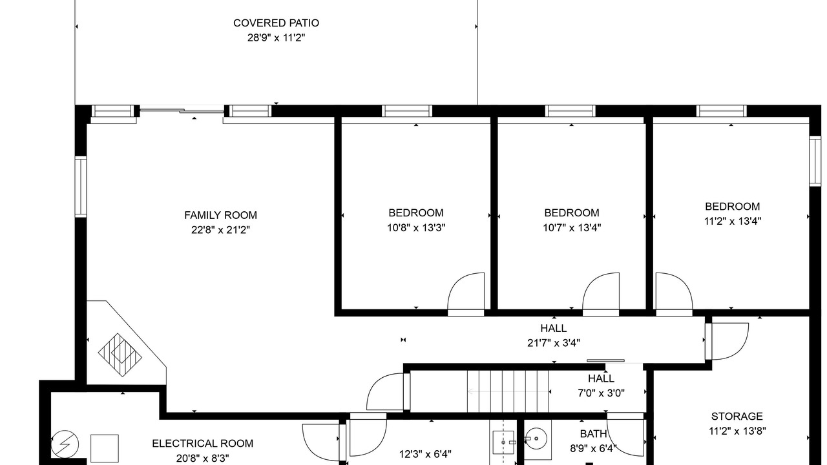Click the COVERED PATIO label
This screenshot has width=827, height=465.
click(276, 23)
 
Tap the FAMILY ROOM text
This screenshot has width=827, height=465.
click(220, 215)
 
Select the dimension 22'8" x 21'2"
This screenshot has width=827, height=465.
click(220, 230)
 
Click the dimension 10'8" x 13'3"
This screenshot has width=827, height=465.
click(416, 228)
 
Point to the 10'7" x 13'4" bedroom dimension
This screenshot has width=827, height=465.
click(572, 228)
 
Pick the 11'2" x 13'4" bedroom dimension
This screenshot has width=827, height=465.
click(733, 221)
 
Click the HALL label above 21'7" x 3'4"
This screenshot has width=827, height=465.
click(554, 328)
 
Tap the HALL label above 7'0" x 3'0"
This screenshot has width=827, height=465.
click(601, 378)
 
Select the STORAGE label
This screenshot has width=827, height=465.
click(737, 417)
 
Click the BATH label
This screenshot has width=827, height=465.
click(593, 433)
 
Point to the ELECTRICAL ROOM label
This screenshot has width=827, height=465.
click(203, 443)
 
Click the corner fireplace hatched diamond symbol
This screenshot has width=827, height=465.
click(120, 355)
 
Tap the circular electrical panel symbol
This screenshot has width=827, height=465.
click(65, 444)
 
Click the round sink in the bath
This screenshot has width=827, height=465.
click(536, 439)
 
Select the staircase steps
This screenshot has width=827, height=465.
click(508, 391)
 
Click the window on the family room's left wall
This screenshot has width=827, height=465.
click(81, 187)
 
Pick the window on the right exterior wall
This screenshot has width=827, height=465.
click(815, 161)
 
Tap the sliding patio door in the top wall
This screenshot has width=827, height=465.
click(182, 110)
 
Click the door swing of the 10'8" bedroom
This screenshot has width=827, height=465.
click(466, 291)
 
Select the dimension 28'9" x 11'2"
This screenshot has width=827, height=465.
click(276, 37)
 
